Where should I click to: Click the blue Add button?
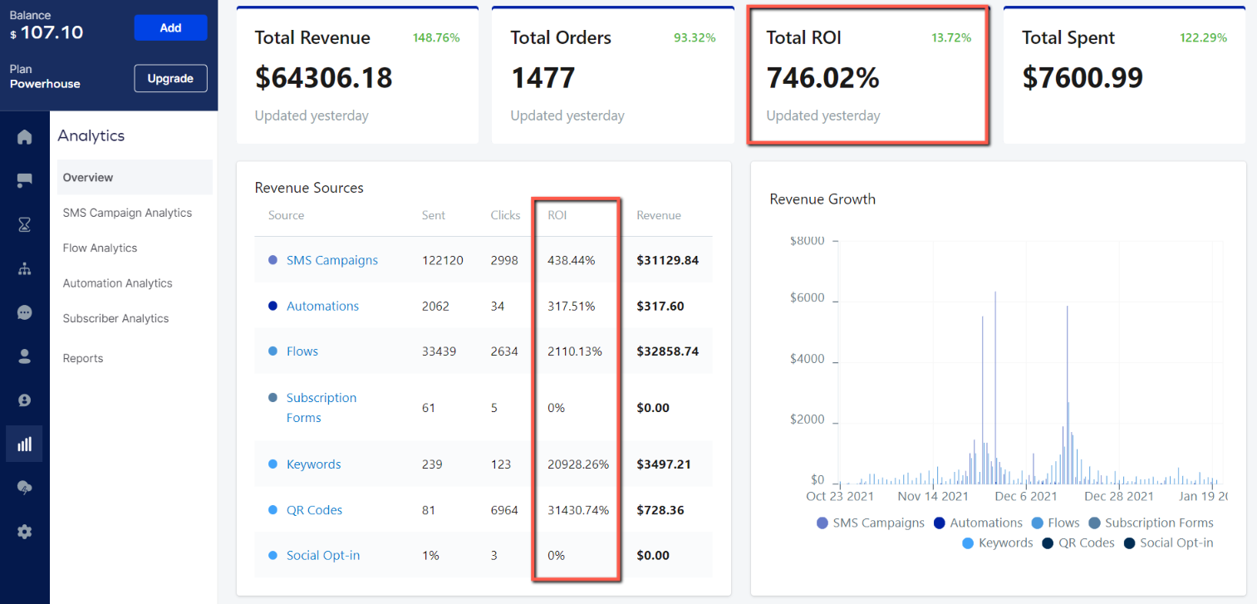click(x=170, y=28)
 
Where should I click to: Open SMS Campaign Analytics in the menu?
click(x=127, y=213)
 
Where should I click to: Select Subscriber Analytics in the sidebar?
click(x=115, y=318)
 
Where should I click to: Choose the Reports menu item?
click(x=83, y=358)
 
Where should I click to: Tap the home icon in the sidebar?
click(x=24, y=137)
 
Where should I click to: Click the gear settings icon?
click(x=24, y=532)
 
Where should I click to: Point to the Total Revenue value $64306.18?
click(x=323, y=77)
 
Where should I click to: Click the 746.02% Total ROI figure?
click(x=822, y=77)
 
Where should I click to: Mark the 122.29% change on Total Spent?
click(x=1203, y=37)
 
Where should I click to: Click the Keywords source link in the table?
click(x=313, y=464)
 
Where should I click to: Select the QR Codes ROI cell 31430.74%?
click(x=578, y=510)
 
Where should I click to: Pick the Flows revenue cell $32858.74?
click(x=667, y=351)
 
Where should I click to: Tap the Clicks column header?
click(x=505, y=215)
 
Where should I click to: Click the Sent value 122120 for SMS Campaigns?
click(x=443, y=260)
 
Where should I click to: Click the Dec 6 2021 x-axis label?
click(x=1026, y=496)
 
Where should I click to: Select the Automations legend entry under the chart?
click(x=986, y=523)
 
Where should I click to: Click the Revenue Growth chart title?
click(x=822, y=199)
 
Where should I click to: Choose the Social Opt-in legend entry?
click(x=1176, y=543)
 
